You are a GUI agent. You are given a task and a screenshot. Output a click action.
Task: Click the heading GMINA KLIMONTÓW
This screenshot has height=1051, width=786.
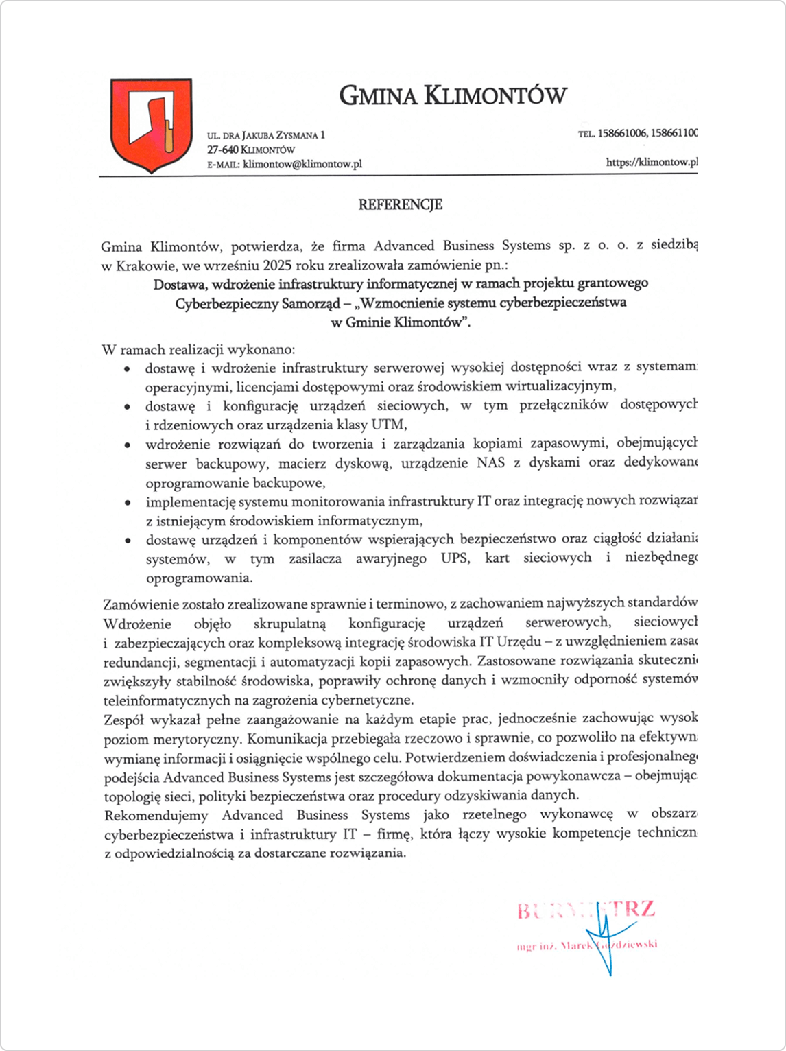pyautogui.click(x=453, y=95)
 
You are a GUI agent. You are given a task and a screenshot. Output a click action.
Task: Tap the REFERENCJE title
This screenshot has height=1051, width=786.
pyautogui.click(x=400, y=204)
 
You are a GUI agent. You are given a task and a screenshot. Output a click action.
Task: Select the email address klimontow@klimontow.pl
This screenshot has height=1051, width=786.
pyautogui.click(x=302, y=164)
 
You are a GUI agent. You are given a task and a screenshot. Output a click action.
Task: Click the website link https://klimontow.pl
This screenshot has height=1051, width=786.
pyautogui.click(x=652, y=163)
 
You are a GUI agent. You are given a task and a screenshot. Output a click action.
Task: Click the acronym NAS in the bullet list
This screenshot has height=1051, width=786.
pyautogui.click(x=490, y=462)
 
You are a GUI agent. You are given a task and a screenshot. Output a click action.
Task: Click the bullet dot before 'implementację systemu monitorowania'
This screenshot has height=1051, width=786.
pyautogui.click(x=127, y=503)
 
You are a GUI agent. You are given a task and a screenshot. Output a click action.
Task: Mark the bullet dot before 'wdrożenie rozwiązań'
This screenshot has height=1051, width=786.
pyautogui.click(x=127, y=445)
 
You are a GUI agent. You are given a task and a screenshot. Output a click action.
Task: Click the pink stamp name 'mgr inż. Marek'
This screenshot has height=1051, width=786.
pyautogui.click(x=556, y=946)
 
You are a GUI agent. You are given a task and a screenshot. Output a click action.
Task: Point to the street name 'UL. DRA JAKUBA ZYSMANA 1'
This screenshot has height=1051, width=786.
pyautogui.click(x=266, y=135)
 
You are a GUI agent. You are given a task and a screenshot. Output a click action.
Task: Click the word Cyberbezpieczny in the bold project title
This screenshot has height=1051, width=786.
pyautogui.click(x=226, y=303)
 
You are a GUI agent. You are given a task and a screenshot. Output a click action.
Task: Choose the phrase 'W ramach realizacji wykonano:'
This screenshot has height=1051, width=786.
pyautogui.click(x=199, y=349)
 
